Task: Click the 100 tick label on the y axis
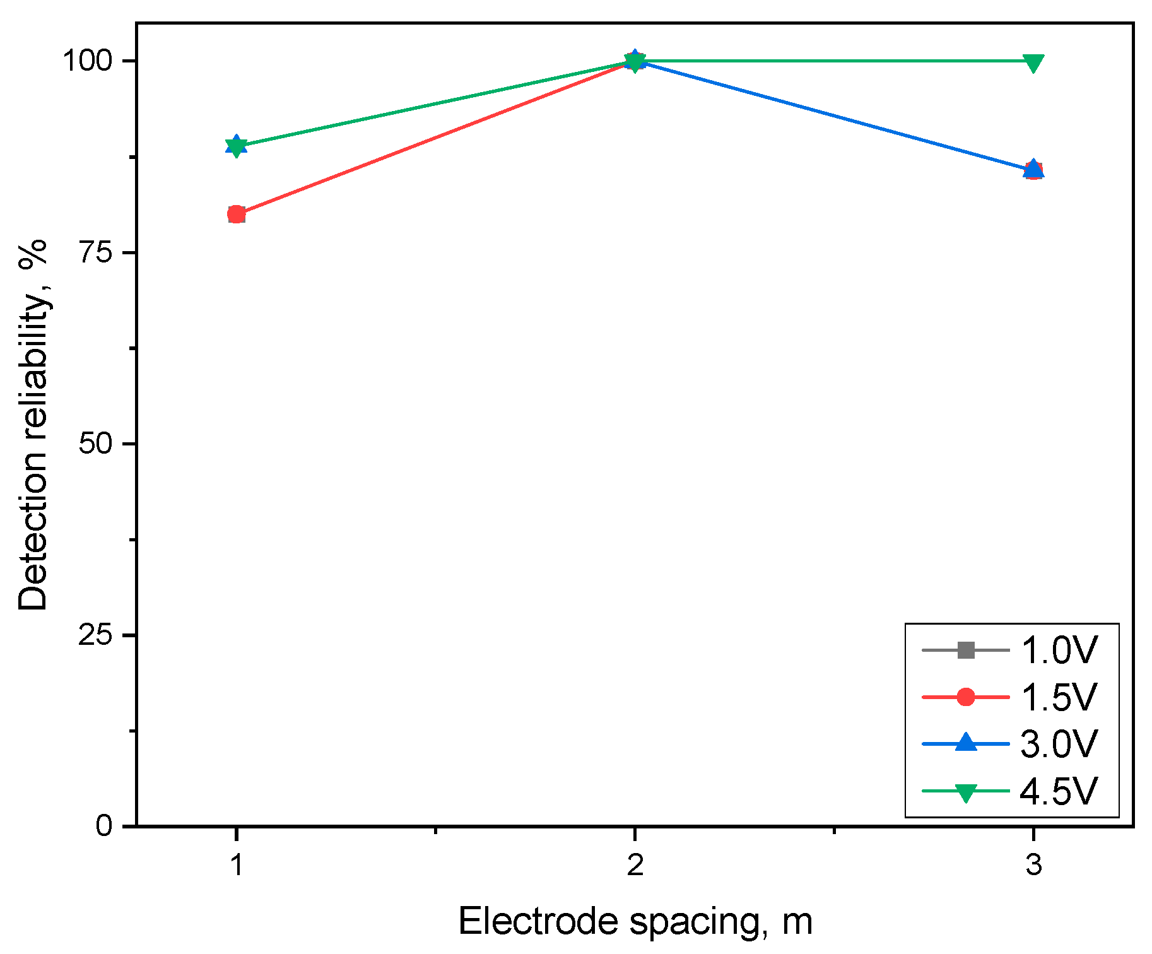[86, 61]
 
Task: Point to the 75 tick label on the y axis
[95, 252]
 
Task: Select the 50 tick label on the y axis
[95, 444]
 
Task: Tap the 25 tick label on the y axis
[95, 635]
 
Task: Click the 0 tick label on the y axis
[105, 825]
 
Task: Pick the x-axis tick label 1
[237, 865]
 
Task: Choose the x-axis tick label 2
[635, 865]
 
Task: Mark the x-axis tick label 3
[1033, 865]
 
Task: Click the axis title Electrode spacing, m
[635, 921]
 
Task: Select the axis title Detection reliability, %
[33, 425]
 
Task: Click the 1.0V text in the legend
[1059, 650]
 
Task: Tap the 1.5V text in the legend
[1059, 697]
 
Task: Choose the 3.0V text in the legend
[1059, 744]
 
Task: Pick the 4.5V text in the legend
[1059, 791]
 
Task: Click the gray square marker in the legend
[965, 650]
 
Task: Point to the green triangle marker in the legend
[965, 792]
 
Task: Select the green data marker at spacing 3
[1033, 62]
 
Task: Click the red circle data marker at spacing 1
[237, 215]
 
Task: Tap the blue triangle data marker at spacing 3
[1033, 169]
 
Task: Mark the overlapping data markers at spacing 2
[635, 61]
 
